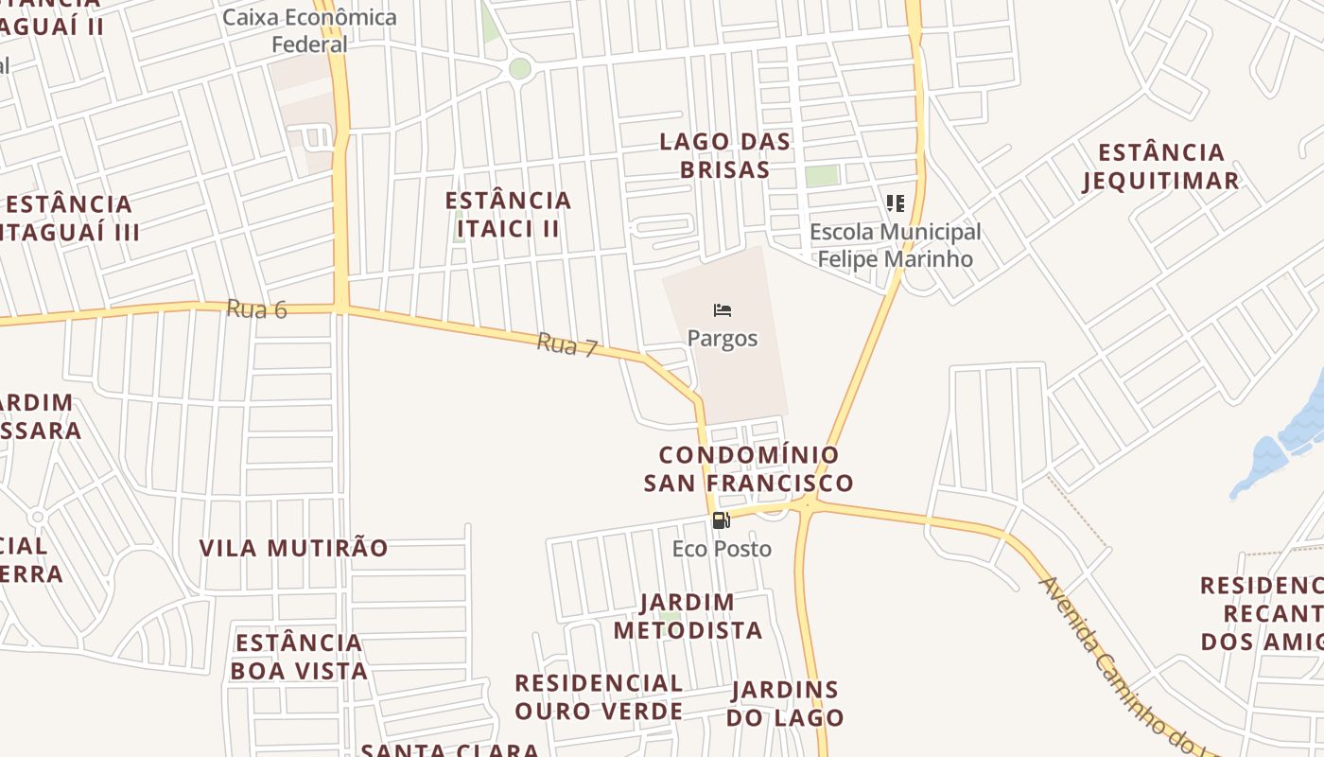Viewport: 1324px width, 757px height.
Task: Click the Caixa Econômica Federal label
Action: (310, 30)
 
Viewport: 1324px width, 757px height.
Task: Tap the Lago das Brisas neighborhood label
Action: (725, 156)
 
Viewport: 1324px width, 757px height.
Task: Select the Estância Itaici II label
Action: (509, 214)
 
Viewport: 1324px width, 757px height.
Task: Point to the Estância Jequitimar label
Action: (1160, 167)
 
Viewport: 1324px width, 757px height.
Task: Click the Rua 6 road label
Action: (256, 308)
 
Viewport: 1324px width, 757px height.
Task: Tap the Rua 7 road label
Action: (567, 344)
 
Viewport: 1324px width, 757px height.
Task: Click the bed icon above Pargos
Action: (723, 310)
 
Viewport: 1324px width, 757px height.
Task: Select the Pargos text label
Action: (723, 338)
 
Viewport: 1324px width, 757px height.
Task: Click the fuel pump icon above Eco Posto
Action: (721, 520)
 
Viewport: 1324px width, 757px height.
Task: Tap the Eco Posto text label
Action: (722, 549)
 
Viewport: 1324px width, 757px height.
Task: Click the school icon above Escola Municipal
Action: (895, 203)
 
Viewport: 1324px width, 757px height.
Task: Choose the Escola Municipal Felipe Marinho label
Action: (895, 245)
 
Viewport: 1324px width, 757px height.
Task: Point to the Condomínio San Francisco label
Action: (748, 469)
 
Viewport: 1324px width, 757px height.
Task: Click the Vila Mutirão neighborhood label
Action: (293, 548)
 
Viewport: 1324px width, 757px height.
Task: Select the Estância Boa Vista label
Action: (299, 657)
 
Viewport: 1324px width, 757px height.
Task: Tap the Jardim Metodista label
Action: (688, 616)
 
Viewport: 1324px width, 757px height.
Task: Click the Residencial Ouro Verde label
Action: (599, 696)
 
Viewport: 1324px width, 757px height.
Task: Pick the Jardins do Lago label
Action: (785, 703)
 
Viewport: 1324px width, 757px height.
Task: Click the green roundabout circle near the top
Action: (520, 68)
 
